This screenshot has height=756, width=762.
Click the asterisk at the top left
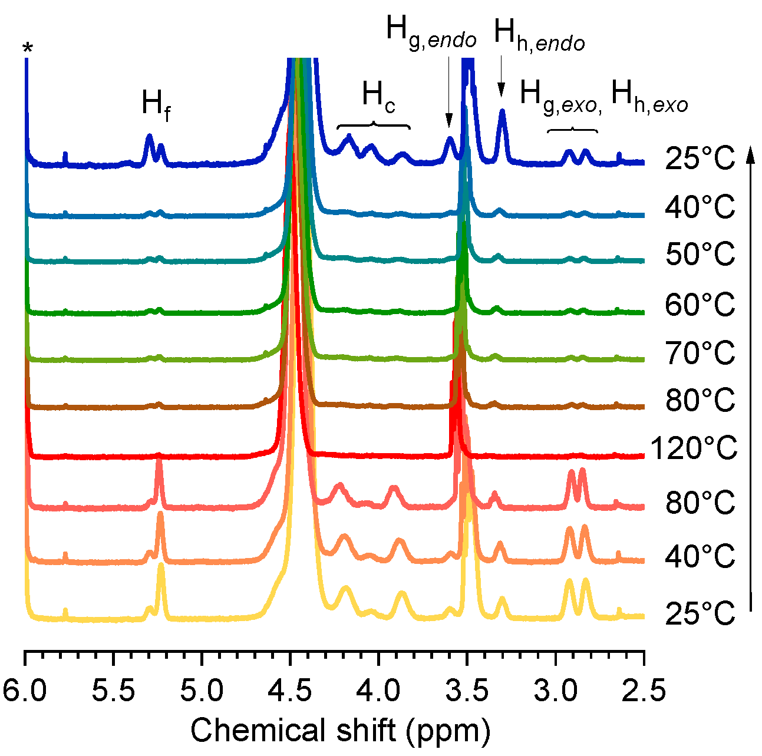[x=27, y=48]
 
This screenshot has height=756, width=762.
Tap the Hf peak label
[x=156, y=104]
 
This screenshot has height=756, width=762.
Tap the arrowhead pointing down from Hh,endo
[x=502, y=90]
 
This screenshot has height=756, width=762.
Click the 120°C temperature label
[x=694, y=449]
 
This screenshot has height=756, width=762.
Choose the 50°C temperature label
[x=700, y=255]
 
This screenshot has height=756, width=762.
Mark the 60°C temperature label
[x=700, y=305]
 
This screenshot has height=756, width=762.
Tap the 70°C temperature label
[x=700, y=354]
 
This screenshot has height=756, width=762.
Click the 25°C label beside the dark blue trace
[x=700, y=159]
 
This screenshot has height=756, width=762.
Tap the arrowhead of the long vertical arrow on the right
[x=750, y=154]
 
